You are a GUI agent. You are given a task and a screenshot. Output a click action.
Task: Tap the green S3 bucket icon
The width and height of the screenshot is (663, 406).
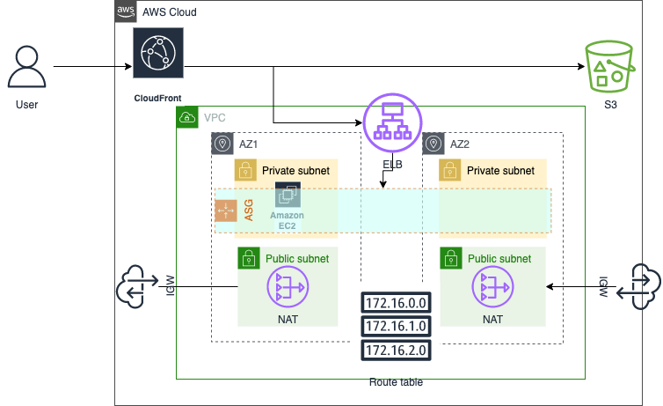click(x=609, y=66)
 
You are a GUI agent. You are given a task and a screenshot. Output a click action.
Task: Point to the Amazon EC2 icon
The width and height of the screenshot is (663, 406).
click(x=288, y=196)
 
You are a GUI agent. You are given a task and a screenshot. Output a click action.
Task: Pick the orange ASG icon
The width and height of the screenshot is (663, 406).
click(x=226, y=210)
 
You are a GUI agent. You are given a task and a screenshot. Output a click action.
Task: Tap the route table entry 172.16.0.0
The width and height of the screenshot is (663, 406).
click(x=395, y=302)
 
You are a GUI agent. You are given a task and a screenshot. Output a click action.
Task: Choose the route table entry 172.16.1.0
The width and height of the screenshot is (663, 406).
click(x=395, y=327)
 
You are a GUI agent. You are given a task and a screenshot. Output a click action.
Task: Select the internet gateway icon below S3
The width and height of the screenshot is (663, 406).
click(x=634, y=286)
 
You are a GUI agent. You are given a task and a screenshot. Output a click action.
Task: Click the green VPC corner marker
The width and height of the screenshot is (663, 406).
click(x=188, y=117)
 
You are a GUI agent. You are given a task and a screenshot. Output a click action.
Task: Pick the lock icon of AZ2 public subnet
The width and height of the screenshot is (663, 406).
click(x=450, y=258)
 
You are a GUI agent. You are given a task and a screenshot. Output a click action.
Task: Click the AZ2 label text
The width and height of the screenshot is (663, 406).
click(x=460, y=143)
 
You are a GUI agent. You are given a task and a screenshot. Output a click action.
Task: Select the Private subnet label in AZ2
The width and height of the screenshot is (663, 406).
click(x=499, y=171)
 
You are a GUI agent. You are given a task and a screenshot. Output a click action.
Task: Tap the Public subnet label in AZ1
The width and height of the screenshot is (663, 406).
click(x=296, y=259)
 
